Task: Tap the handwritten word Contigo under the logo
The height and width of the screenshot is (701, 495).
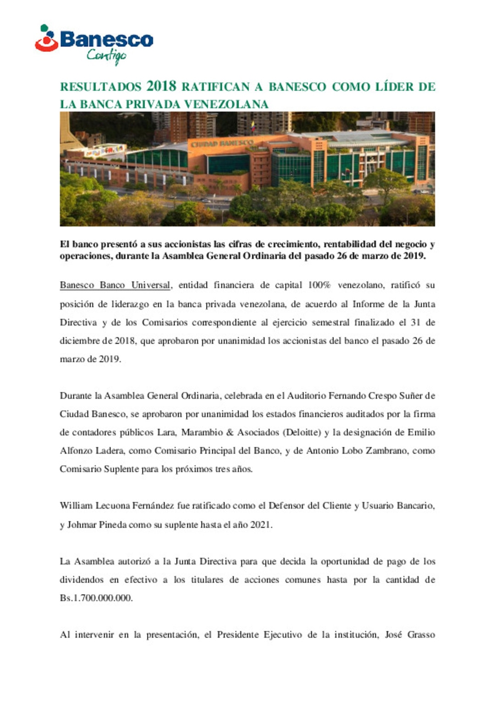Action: click(106, 56)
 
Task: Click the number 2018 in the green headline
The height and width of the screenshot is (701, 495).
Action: click(161, 86)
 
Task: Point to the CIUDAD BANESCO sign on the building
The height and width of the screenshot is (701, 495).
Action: click(222, 144)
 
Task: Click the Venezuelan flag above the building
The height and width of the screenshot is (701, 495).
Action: click(253, 125)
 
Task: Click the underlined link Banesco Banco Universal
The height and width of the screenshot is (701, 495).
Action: click(115, 285)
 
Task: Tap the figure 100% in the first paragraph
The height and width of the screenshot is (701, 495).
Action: click(319, 285)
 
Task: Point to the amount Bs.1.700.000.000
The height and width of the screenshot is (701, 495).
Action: click(96, 598)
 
